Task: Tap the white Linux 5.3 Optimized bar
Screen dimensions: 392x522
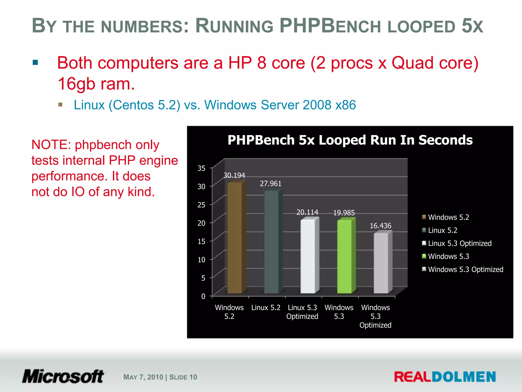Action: pos(308,256)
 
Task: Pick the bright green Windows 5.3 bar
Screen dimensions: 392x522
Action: pos(344,256)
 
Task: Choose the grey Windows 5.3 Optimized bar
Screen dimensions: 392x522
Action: pos(381,263)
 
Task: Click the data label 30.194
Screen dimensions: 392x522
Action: pos(234,175)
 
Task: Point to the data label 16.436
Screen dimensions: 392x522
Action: pos(380,226)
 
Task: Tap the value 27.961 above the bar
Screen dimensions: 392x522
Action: pos(270,183)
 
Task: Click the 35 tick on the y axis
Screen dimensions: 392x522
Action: pos(201,168)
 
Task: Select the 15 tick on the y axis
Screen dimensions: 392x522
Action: pos(201,241)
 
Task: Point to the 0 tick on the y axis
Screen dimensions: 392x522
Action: pos(203,296)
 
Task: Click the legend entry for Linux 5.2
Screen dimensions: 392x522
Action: pos(442,230)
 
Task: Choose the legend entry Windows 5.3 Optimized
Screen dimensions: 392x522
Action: pos(465,269)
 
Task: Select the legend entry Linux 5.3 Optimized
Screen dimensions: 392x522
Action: pos(460,243)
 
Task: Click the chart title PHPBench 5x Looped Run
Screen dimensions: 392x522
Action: pos(350,140)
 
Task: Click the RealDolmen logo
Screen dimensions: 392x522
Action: pos(445,377)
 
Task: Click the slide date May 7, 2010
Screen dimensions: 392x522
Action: pos(143,377)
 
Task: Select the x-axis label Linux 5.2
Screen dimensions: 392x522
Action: pos(266,308)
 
